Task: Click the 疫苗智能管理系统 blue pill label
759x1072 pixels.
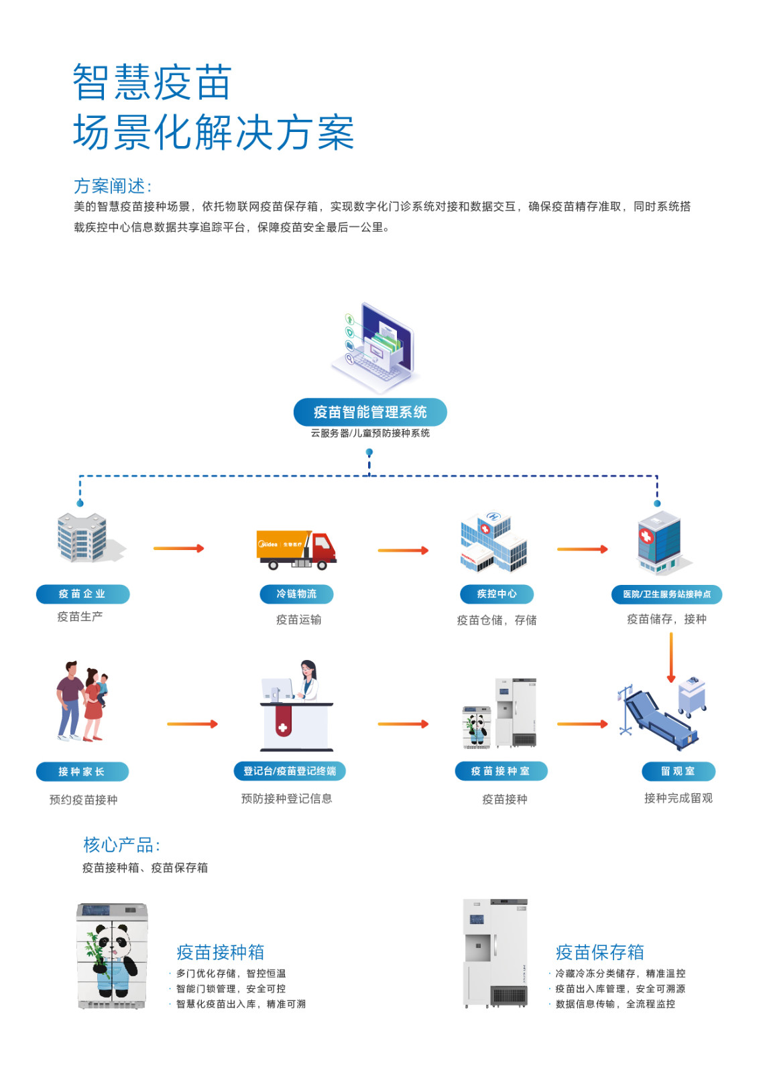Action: (x=370, y=412)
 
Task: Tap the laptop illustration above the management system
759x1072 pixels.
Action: (x=373, y=348)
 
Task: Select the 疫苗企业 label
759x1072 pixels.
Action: (x=82, y=594)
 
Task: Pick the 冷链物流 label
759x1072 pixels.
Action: (x=296, y=594)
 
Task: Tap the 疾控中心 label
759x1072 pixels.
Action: (x=496, y=594)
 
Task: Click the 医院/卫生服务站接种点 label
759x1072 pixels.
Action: (x=666, y=594)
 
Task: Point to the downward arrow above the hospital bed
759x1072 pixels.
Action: (x=670, y=657)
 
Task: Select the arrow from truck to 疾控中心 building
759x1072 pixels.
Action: (x=403, y=551)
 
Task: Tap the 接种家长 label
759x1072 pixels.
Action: (x=82, y=771)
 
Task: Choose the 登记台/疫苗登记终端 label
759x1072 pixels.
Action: (x=290, y=771)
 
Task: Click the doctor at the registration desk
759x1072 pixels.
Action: (x=308, y=680)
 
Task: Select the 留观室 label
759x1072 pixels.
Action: (x=678, y=771)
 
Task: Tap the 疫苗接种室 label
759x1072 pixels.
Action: (x=500, y=771)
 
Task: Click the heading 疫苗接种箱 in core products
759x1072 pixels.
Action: (x=220, y=952)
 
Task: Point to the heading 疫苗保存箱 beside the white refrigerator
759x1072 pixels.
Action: (x=599, y=952)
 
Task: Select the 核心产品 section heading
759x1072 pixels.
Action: (x=121, y=845)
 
